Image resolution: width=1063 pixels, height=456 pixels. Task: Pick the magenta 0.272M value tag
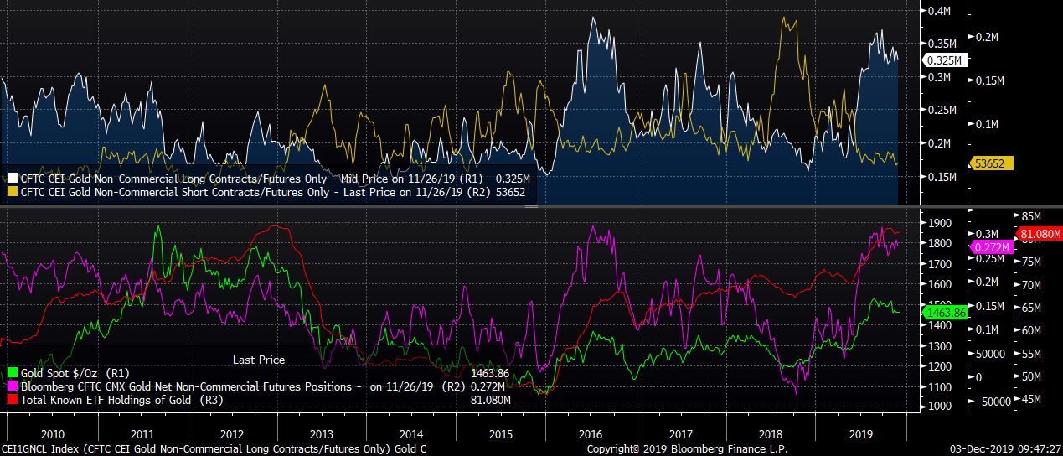(991, 247)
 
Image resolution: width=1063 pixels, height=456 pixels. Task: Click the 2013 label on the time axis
(322, 435)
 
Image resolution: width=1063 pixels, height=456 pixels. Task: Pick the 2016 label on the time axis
(591, 435)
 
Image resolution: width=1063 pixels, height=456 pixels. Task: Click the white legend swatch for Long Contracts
(12, 179)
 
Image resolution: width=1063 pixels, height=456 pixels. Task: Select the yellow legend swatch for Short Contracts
(12, 192)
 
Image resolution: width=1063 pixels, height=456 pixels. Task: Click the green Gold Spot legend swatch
(12, 372)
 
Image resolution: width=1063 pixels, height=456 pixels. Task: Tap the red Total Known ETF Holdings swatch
(12, 399)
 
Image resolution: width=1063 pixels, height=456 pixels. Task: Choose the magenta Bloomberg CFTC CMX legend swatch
(12, 386)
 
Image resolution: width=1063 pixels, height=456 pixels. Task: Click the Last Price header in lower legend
(258, 360)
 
